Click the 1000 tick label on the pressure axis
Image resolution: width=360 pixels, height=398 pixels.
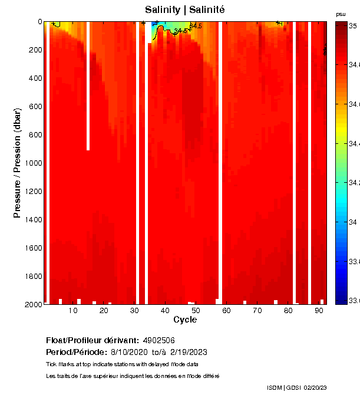(32, 163)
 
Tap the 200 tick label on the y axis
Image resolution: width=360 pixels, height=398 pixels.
(34, 50)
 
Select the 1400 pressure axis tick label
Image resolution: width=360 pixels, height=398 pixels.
(32, 219)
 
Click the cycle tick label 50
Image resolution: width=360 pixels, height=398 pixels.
(196, 310)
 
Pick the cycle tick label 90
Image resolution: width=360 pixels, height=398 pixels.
(319, 310)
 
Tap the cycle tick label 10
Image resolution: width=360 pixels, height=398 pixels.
(73, 310)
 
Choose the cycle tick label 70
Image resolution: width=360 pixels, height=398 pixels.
(257, 310)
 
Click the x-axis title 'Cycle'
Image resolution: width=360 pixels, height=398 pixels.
(185, 320)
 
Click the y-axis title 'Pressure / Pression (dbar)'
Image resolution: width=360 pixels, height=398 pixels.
(17, 163)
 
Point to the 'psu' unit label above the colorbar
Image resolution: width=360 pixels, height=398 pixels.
(341, 14)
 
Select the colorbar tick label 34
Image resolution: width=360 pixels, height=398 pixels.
(352, 222)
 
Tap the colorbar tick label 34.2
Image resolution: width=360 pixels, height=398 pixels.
(354, 183)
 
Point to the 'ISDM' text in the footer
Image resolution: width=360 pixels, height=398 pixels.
(274, 387)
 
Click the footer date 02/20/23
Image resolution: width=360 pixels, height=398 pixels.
(315, 387)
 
